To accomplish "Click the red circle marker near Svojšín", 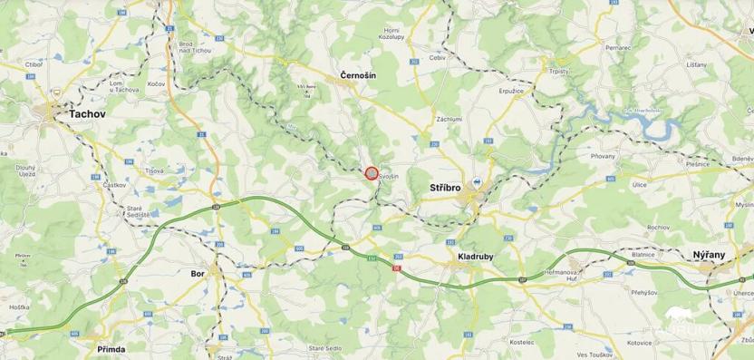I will point(371,172).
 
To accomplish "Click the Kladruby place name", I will point(474,257).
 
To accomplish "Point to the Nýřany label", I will point(708,256).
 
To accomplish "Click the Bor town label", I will point(198,272).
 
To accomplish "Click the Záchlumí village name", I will point(449,119).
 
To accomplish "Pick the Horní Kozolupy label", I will point(388,35).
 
